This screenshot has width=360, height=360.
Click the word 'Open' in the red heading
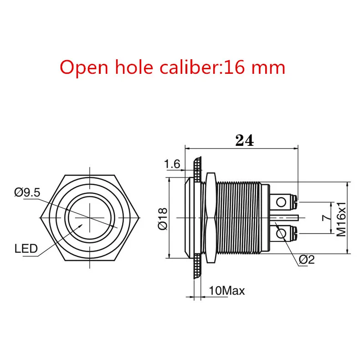point(84,68)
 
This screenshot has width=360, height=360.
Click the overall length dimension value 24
point(245,140)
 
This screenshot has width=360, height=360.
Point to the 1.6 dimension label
point(172,164)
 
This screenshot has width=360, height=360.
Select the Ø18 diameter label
point(163,219)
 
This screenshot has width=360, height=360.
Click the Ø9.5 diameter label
point(27,192)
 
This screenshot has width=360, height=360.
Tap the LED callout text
point(26,248)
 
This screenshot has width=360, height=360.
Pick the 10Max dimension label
point(227,291)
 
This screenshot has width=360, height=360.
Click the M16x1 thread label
point(341,219)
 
